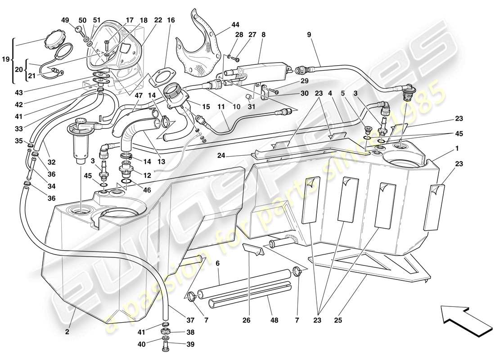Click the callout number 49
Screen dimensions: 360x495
coord(65,20)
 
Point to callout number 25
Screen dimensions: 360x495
coord(338,321)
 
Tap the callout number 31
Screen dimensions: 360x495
coord(251,107)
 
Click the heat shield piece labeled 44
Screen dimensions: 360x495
coord(198,45)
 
